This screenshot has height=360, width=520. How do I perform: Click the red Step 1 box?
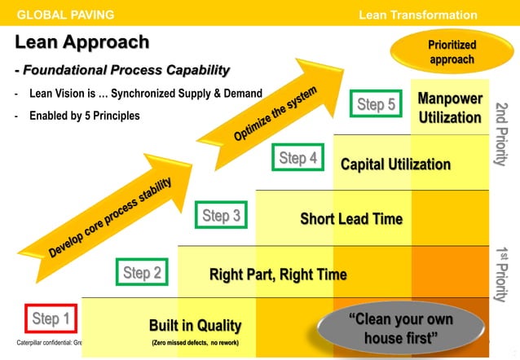point(51,318)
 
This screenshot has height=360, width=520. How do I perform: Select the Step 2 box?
point(142,273)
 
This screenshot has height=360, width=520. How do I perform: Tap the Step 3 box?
point(221,216)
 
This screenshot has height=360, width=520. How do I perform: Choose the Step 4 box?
point(297,158)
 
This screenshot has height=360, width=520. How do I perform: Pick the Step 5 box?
point(376,103)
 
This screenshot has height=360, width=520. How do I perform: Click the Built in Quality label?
point(195,326)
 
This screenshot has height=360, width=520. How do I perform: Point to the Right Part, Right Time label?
point(278,274)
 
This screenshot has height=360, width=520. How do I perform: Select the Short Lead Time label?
point(351,218)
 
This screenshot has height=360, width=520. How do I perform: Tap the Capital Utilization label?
point(395,165)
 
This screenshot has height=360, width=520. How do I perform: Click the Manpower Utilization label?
point(450,108)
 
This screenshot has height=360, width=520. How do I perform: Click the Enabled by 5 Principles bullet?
point(84,116)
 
